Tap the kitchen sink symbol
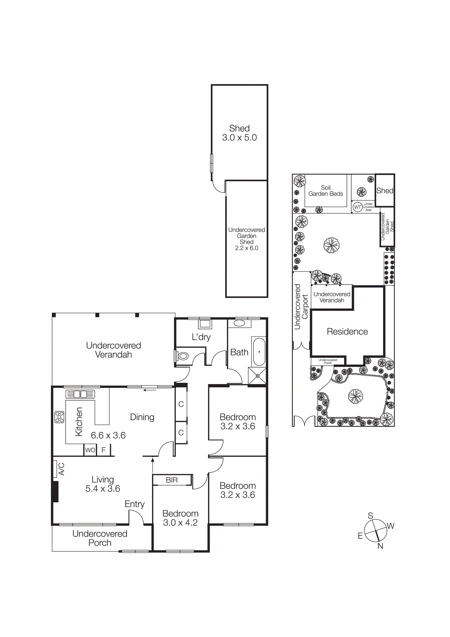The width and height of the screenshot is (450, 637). pos(80,394)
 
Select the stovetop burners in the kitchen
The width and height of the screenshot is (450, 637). pos(59,417)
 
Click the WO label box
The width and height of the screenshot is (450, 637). pos(90,450)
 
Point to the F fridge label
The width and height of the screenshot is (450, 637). pos(103,450)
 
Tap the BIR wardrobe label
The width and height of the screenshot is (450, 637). pos(172,480)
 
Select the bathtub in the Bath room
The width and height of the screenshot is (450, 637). pos(259,352)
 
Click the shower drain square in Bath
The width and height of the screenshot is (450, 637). pos(257,376)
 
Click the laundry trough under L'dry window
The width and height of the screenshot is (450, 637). pos(205,324)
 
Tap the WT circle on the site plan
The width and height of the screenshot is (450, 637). pos(358,207)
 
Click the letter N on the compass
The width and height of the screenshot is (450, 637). pos(380,546)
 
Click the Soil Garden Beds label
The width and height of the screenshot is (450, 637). pos(326,191)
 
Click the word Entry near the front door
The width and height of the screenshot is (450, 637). pos(134,504)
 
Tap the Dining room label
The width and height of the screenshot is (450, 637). pos(142,417)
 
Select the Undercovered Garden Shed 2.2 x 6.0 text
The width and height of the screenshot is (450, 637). pos(246,239)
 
